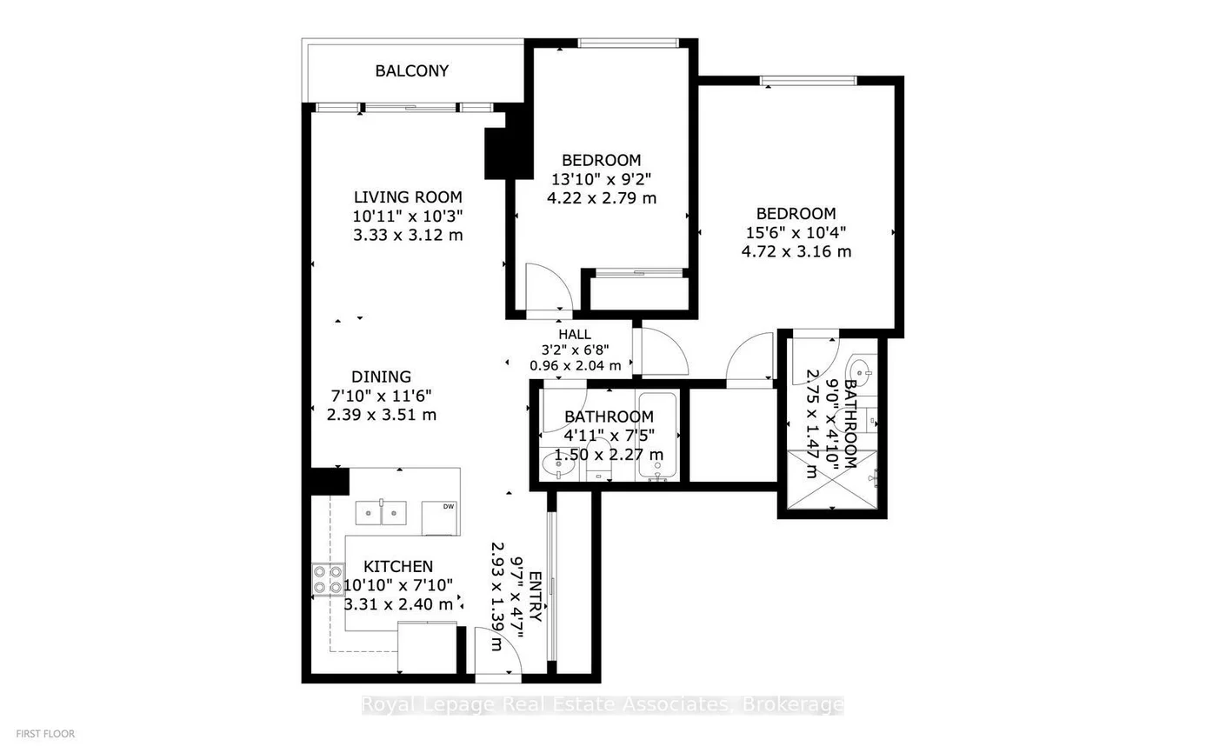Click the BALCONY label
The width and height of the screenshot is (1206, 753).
(411, 70)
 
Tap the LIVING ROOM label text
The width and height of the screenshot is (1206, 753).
(407, 197)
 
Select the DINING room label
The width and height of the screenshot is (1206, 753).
(381, 376)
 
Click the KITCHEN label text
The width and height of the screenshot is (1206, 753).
(398, 567)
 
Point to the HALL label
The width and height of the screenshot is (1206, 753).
(575, 334)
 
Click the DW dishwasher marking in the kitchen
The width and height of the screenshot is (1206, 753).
(449, 507)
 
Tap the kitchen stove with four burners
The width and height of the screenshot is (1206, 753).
(328, 579)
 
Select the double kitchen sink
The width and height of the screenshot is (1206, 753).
(383, 513)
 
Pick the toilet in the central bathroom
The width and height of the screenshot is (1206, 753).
(598, 463)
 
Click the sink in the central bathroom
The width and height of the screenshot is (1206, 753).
(556, 467)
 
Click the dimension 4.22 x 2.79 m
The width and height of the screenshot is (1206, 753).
(601, 198)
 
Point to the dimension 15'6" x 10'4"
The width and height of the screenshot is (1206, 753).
(796, 232)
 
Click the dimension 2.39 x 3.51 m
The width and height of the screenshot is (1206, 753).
(381, 415)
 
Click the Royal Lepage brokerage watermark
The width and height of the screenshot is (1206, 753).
(602, 704)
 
